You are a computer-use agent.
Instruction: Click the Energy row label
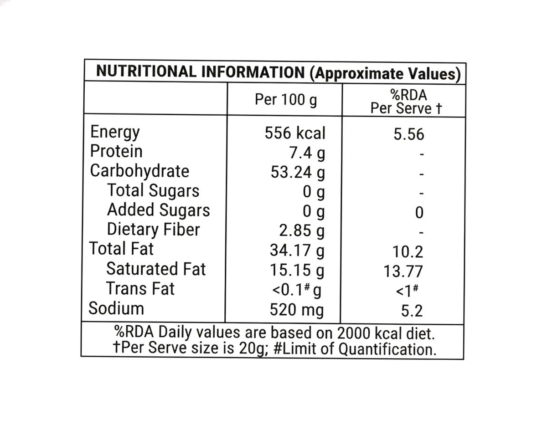115,133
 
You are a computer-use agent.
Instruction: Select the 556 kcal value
295,133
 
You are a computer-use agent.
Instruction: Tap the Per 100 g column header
286,99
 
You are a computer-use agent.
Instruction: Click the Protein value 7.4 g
304,153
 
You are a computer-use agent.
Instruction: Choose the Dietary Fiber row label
153,230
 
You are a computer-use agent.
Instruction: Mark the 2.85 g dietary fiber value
302,231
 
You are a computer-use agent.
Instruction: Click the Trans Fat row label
140,289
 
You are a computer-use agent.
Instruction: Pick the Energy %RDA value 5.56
409,134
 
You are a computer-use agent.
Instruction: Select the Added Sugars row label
158,210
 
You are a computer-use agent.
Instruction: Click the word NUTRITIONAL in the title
147,72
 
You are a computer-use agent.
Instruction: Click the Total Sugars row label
153,191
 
